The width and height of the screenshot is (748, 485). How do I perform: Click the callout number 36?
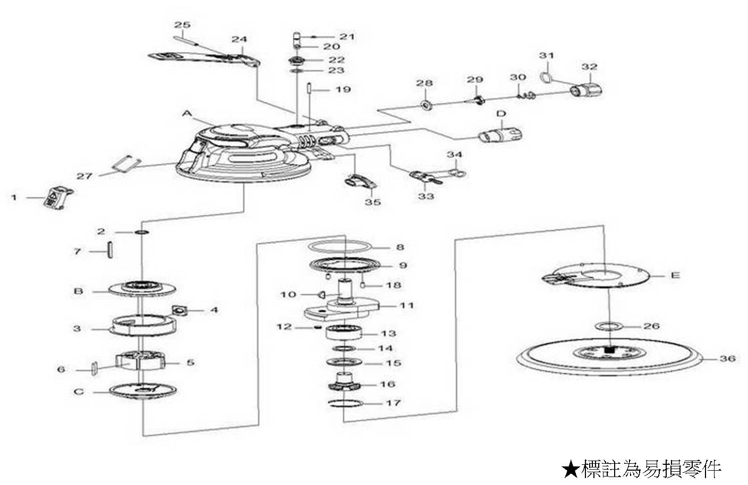click(x=727, y=359)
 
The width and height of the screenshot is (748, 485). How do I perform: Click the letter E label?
click(x=675, y=276)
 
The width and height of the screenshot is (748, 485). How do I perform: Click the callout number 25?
click(x=182, y=25)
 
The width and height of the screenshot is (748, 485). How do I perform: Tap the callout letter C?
click(x=79, y=392)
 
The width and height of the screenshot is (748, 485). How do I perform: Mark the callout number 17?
click(x=393, y=403)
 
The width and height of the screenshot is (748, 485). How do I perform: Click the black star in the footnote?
click(x=570, y=468)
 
